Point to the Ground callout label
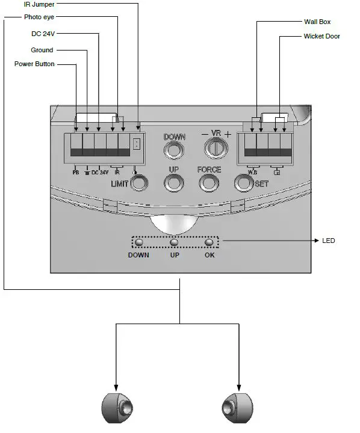point(42,50)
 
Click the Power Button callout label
point(34,64)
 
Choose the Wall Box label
point(317,22)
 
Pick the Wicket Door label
point(322,37)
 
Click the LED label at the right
point(329,241)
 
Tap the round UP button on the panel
point(174,182)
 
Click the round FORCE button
point(209,182)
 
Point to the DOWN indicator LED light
point(138,242)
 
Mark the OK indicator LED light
point(209,242)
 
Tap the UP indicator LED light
point(174,242)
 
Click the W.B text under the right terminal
point(253,173)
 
